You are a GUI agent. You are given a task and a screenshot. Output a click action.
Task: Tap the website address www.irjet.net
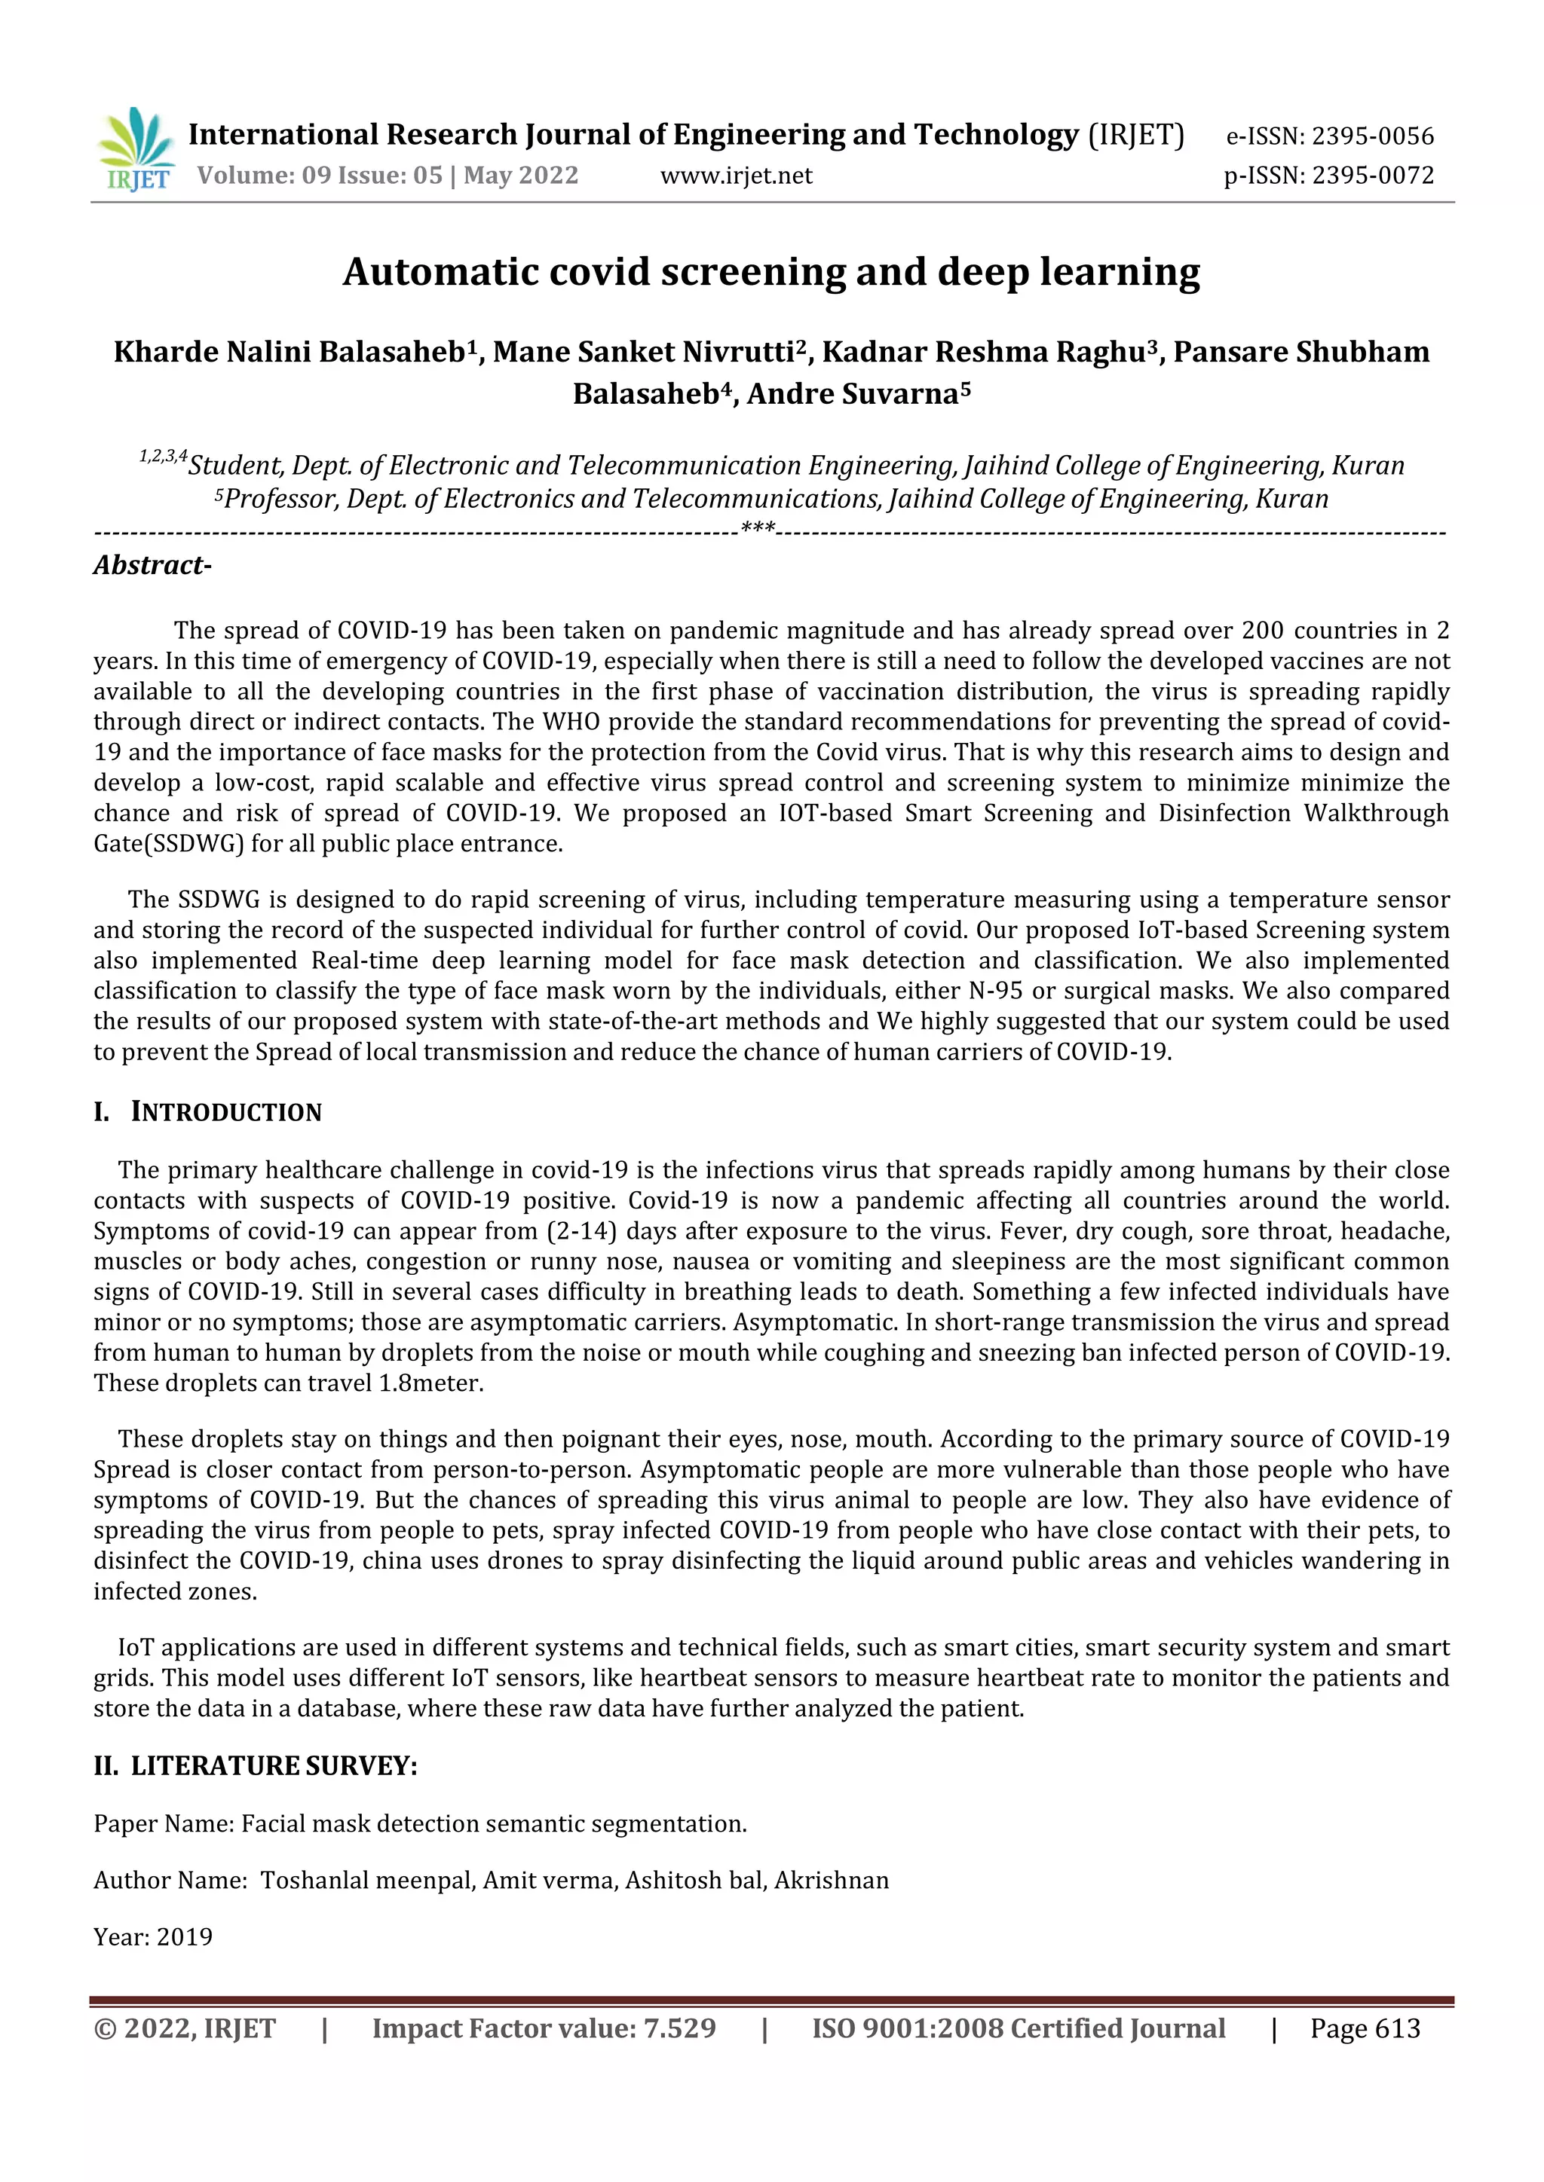736,176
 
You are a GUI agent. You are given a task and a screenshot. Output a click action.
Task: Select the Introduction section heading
226,1112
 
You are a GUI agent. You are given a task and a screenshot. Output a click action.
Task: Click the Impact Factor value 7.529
679,2029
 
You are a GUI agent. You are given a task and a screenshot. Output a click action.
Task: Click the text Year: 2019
153,1937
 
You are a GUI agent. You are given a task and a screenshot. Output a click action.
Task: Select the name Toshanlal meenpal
367,1881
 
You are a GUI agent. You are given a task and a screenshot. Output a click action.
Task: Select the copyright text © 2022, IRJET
185,2029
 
